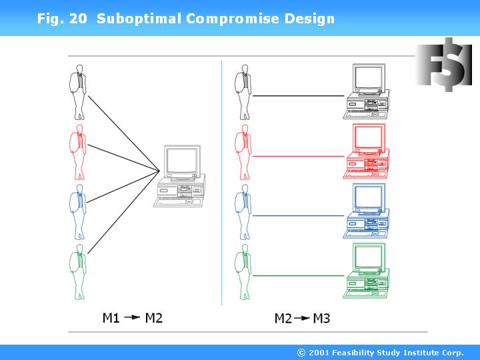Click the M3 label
click(x=321, y=318)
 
